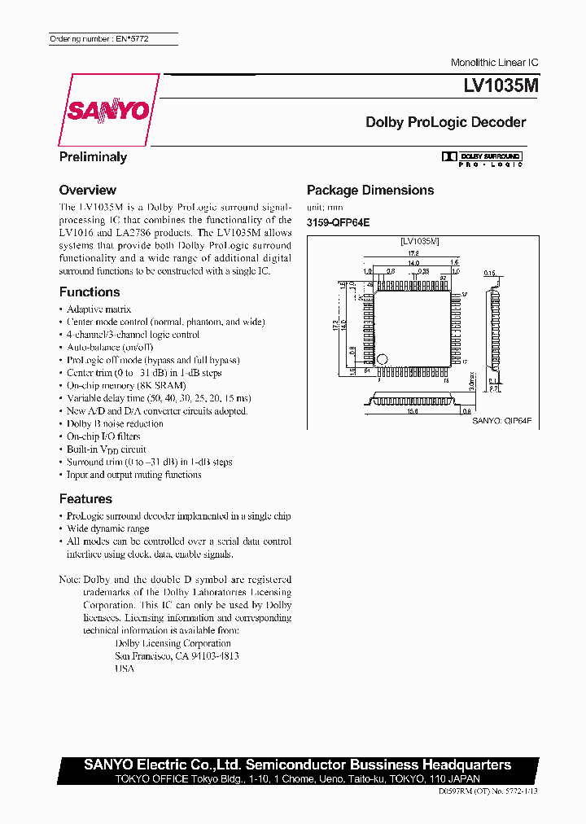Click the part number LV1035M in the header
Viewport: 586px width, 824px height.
[491, 85]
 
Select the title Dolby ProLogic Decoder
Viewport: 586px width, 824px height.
[445, 122]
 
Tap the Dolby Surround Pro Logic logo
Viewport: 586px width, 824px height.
[482, 158]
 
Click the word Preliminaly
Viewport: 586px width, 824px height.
[93, 157]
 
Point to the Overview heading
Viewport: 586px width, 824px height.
[88, 190]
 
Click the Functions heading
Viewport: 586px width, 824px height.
[90, 291]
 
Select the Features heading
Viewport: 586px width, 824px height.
[85, 498]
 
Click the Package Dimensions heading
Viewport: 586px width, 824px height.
[370, 190]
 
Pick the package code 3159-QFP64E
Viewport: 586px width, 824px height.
[338, 221]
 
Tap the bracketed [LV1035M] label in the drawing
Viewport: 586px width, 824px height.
[419, 241]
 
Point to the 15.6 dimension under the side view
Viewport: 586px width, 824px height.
[413, 411]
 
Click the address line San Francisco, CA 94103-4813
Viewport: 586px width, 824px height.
[177, 655]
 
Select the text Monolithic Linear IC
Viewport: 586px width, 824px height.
[494, 63]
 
